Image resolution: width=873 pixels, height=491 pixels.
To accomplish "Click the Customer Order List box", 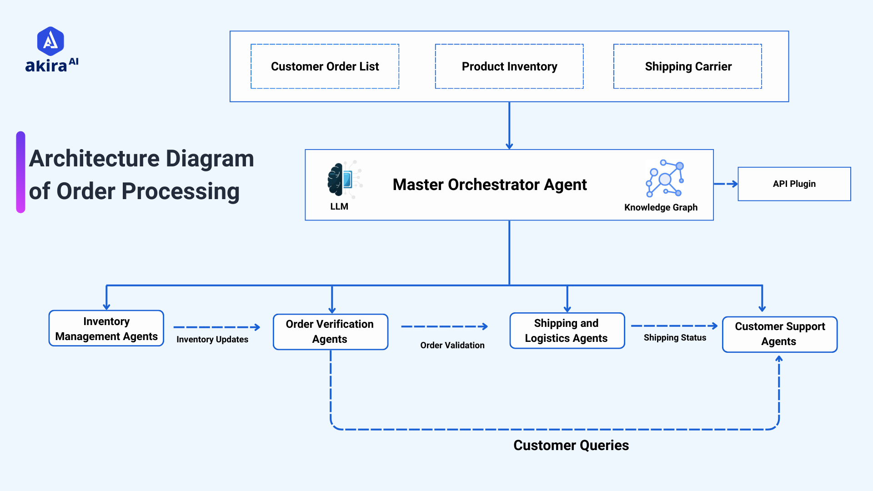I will tap(325, 66).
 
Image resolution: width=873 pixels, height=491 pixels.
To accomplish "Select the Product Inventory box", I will tap(509, 66).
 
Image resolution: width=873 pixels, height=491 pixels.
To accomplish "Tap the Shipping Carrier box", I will tap(687, 66).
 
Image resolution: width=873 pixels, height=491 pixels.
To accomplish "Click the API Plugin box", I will tap(794, 184).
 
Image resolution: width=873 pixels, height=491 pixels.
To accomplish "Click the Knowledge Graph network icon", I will tap(665, 178).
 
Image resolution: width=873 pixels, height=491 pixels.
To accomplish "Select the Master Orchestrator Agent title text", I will tap(489, 185).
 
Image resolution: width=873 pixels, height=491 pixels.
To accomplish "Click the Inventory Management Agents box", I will tap(106, 328).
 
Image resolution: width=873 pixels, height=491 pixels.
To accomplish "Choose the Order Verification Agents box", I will tap(330, 331).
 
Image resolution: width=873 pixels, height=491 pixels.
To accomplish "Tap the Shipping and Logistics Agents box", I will tap(567, 331).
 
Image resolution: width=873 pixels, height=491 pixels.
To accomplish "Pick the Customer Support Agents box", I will tap(779, 334).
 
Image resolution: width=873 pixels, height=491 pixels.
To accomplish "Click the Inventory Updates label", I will tap(212, 340).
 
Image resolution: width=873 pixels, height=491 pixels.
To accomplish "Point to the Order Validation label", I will tap(452, 346).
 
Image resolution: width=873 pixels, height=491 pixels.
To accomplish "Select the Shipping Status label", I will tap(675, 338).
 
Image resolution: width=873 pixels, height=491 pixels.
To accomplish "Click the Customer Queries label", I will tap(571, 445).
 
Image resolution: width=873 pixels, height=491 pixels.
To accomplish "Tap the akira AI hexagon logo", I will tap(50, 41).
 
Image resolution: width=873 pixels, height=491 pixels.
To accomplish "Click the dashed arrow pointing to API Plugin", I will tap(725, 184).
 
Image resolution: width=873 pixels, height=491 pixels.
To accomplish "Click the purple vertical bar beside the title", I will tap(20, 172).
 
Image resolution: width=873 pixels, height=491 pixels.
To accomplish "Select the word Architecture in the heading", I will tap(94, 159).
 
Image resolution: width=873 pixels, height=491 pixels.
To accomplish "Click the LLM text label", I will tap(339, 206).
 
